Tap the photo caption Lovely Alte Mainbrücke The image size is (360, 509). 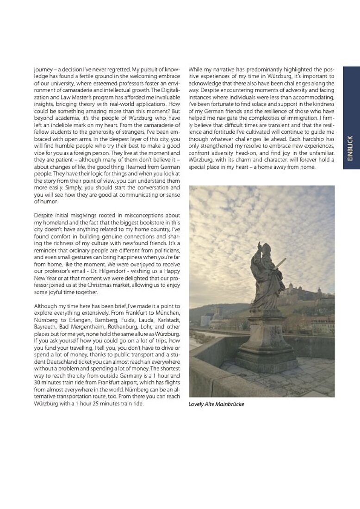[x=216, y=404]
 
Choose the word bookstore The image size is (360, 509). [x=144, y=222]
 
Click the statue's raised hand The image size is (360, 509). [x=260, y=244]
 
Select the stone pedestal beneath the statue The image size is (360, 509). [x=266, y=342]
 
